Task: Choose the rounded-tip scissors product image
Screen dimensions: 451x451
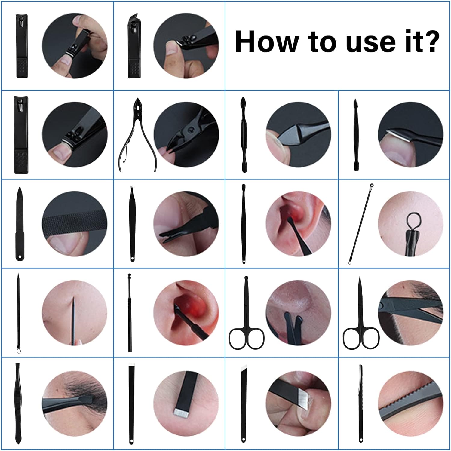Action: (247, 313)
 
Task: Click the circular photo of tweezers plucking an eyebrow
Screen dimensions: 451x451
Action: (75, 403)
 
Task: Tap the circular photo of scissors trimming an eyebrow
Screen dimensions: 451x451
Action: (411, 313)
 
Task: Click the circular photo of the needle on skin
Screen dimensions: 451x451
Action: (75, 313)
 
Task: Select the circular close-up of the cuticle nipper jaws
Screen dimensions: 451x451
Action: (186, 134)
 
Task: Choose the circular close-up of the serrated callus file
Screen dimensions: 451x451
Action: (411, 403)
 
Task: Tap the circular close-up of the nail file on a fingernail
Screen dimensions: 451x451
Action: (75, 224)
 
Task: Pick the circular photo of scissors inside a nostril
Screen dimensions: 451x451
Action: (298, 313)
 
